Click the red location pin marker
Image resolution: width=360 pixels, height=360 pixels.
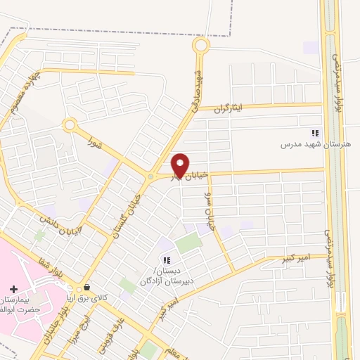(x=180, y=165)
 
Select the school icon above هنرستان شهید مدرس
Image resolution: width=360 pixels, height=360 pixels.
(x=316, y=133)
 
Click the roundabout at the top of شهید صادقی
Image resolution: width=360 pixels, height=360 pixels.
(x=201, y=46)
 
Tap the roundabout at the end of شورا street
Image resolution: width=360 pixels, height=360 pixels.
(x=70, y=125)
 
